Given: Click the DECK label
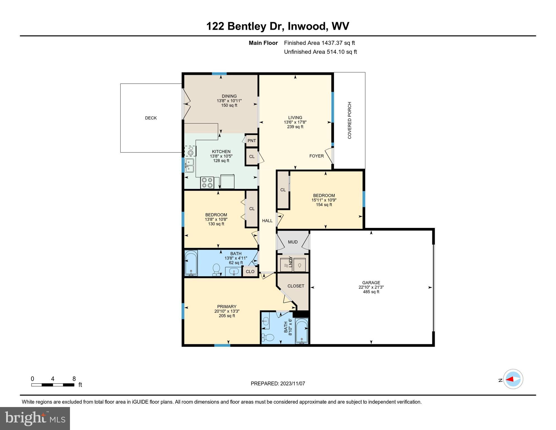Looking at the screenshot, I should pos(151,118).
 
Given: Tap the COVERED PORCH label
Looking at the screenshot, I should pos(349,120).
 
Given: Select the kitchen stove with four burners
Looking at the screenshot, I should pos(207,183).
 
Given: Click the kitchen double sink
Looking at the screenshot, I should pos(189,165).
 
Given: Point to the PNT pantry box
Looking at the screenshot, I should pos(252,141).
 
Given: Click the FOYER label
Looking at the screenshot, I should pos(316,156).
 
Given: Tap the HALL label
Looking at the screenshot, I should pos(267,221).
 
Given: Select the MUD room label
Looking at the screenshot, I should pos(293,242).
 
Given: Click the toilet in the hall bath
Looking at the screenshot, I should pos(216,270).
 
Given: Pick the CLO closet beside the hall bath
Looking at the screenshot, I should pos(250,272).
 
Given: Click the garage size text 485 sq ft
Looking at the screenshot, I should pos(371,292).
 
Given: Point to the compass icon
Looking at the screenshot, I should pos(513,379).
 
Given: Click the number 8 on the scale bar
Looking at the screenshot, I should pos(74,379).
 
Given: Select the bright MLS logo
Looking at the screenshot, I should pos(35,418).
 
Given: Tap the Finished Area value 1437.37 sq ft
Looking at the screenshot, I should pos(338,43).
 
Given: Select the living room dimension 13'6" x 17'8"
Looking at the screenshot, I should pos(295,122).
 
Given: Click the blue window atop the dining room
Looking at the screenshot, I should pos(219,74).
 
